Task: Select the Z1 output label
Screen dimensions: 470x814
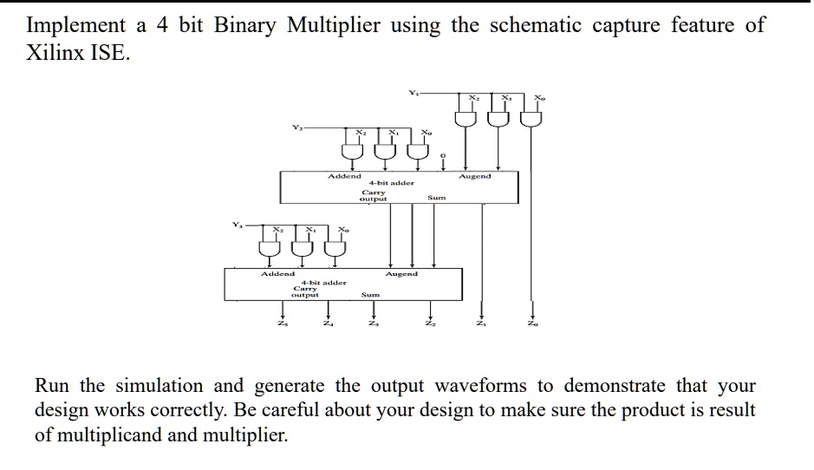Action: click(482, 325)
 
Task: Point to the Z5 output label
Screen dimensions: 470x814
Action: click(281, 325)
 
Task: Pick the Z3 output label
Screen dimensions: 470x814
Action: click(374, 325)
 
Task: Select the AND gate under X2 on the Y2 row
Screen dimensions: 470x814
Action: click(351, 153)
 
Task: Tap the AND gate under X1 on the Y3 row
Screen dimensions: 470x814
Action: click(304, 249)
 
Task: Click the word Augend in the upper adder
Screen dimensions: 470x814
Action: click(475, 176)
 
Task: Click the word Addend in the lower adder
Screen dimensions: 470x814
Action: click(278, 274)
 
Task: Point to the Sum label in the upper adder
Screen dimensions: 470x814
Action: click(437, 198)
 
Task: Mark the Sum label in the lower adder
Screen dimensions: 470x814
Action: click(370, 295)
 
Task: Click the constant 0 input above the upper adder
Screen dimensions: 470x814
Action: click(443, 156)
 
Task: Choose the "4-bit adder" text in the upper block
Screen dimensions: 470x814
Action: click(392, 183)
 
